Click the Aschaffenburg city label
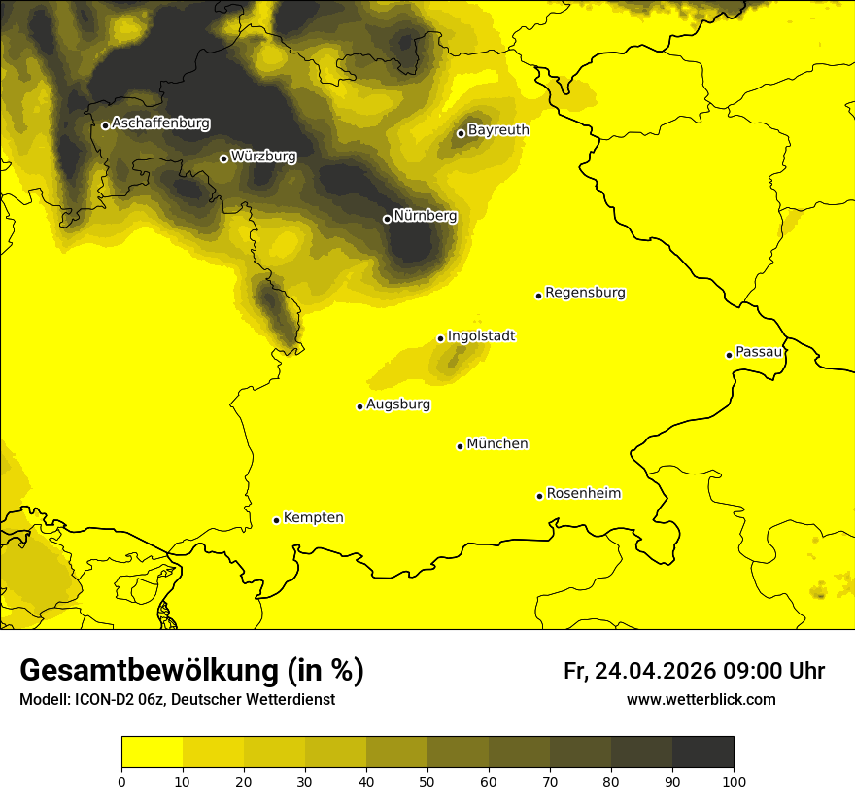pos(160,123)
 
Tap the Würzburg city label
pos(263,157)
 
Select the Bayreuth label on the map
pos(498,130)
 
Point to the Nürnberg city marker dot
pos(387,219)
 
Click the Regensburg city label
pos(585,293)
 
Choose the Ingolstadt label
pos(481,336)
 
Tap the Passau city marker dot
pos(729,355)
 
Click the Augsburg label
pos(398,404)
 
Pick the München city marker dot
pos(460,446)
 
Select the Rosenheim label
pos(583,494)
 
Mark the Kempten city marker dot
pos(276,520)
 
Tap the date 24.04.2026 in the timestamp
pos(655,671)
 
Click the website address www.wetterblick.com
pos(701,700)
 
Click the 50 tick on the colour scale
pos(427,781)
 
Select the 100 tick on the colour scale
pos(734,781)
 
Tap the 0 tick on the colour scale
pos(121,781)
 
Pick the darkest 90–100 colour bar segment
pos(702,753)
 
